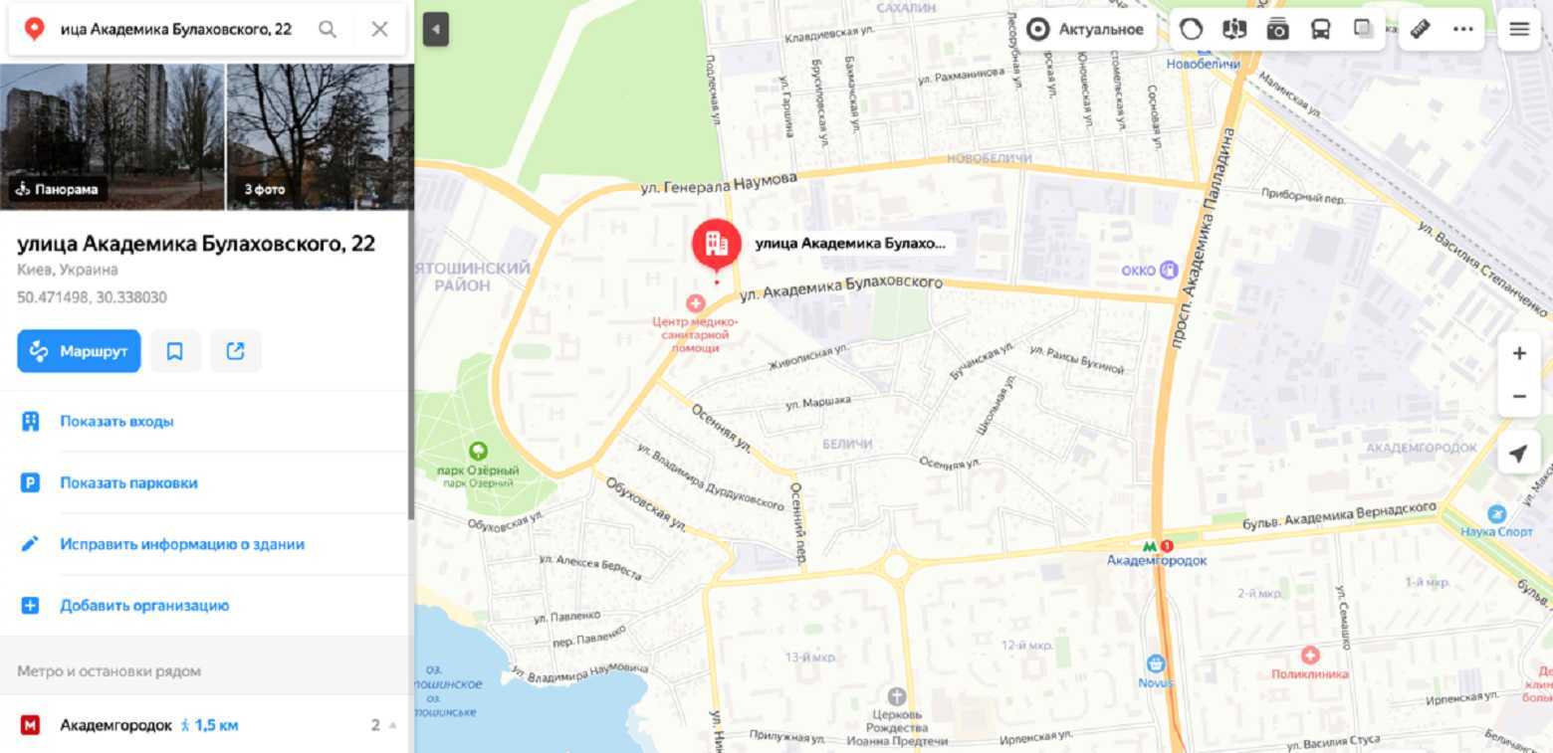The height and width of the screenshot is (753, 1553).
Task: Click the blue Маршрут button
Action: (79, 351)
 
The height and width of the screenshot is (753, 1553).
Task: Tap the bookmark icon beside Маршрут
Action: (175, 351)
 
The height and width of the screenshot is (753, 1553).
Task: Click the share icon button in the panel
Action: (236, 351)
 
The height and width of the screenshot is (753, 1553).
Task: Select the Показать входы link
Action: (116, 422)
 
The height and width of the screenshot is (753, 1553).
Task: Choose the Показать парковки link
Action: (128, 483)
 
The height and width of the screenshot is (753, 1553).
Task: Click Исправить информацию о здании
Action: (182, 544)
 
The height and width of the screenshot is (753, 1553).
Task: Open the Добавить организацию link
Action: (144, 606)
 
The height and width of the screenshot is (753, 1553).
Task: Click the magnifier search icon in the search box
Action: (328, 29)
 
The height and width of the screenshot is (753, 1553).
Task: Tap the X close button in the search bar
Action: (379, 29)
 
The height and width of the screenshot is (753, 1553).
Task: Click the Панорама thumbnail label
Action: (58, 189)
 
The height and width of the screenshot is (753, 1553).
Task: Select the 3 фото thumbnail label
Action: (264, 189)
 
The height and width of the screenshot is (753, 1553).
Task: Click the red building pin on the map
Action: (716, 242)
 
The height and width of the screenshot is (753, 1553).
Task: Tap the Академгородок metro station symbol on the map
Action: (1150, 545)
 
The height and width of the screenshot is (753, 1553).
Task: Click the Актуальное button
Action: (1085, 30)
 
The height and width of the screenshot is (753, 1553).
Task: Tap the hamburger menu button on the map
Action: (1519, 30)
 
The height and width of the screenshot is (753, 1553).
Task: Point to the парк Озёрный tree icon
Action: (478, 452)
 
